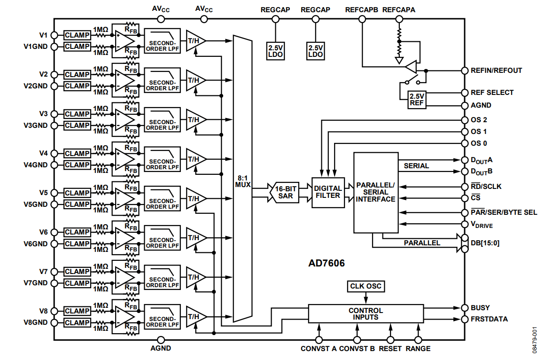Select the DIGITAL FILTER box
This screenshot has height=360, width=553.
click(328, 192)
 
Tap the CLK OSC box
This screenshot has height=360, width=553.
click(366, 286)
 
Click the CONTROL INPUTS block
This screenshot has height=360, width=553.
click(366, 314)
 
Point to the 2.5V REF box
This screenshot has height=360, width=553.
click(417, 100)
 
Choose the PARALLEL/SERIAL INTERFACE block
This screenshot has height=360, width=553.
click(376, 192)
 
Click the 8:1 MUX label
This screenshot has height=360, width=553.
click(242, 181)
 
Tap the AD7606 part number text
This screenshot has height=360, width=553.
click(327, 263)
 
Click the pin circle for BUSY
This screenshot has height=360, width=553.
click(465, 308)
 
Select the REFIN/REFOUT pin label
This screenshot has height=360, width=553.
click(496, 70)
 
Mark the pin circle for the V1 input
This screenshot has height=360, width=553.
click(55, 35)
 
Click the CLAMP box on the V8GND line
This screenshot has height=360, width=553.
click(77, 322)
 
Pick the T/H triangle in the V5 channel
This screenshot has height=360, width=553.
click(195, 199)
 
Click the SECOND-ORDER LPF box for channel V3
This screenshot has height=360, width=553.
click(162, 120)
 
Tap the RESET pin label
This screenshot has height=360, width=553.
click(390, 349)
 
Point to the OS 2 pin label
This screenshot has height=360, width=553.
click(479, 120)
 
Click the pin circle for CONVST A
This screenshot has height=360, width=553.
click(319, 340)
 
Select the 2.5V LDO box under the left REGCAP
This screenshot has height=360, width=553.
click(275, 51)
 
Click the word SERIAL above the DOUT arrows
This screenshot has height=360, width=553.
click(416, 166)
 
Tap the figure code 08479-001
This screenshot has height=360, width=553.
click(535, 339)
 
